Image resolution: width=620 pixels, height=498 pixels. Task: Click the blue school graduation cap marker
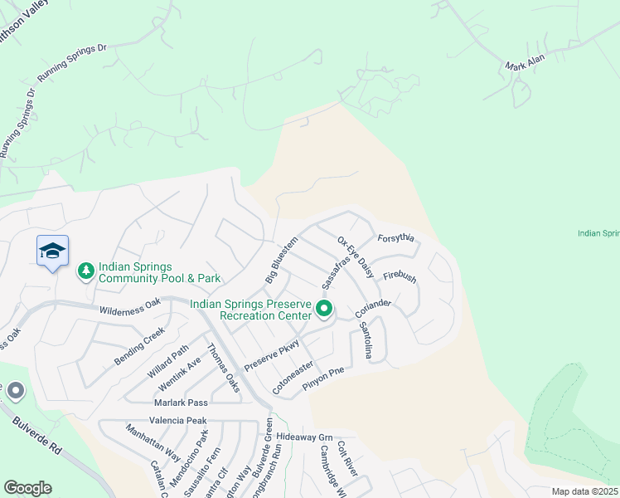coord(52,251)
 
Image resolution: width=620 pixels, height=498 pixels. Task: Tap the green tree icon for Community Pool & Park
coord(85,271)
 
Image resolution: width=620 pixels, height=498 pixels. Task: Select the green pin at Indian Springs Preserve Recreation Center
coord(324,310)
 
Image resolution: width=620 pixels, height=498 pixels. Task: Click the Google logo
coord(27,488)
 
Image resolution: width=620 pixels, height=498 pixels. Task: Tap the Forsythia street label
coord(395,237)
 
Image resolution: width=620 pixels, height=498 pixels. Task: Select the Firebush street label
coord(400,276)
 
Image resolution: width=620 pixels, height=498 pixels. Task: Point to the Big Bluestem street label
coord(281,263)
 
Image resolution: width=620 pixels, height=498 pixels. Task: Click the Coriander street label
coord(373,308)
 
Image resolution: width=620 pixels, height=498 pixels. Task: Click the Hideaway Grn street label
coord(304,437)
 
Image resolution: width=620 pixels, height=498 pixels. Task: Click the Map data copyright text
coord(584,491)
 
